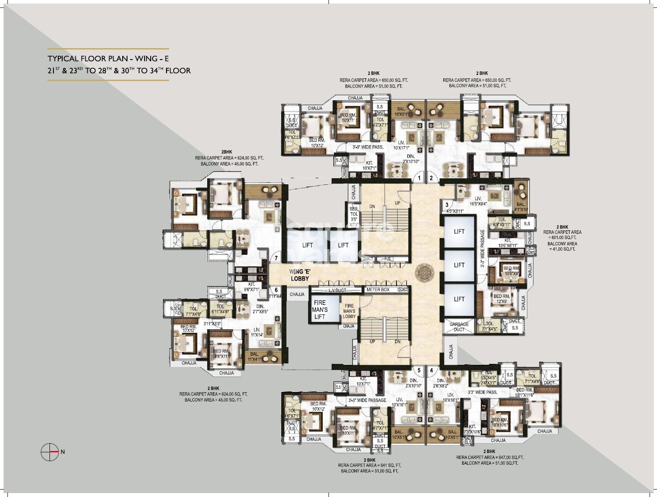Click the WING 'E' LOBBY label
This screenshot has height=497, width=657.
[300, 275]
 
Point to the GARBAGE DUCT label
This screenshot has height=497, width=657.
[459, 327]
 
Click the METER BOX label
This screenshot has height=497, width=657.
[378, 290]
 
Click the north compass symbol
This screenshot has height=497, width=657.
[49, 451]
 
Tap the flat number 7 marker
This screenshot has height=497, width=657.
[276, 258]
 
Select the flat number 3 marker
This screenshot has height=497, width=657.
[447, 204]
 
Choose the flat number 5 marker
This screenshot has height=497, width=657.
[419, 370]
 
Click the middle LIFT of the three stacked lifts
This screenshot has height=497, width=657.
[459, 265]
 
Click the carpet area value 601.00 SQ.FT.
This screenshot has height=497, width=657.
[562, 238]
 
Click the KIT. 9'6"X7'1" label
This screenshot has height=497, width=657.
[251, 287]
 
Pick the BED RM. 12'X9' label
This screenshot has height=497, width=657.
[502, 299]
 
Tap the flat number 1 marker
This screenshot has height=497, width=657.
[419, 178]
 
